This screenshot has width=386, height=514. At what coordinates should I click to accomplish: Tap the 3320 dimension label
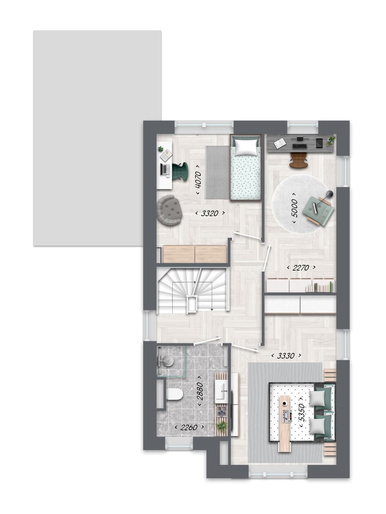(210, 213)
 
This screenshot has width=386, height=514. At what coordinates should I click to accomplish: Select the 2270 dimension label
(301, 268)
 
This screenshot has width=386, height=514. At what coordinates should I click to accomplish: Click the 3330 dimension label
(285, 355)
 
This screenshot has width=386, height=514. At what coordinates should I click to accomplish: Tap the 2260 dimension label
(187, 427)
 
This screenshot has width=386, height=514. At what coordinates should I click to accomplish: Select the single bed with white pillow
(246, 167)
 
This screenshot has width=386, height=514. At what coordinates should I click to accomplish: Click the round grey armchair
(169, 209)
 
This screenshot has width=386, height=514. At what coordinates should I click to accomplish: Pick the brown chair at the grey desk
(299, 160)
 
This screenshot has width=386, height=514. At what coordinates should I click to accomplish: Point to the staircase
(193, 290)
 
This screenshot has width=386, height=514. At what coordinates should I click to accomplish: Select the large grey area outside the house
(97, 138)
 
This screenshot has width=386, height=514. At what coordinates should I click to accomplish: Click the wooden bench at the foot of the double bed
(285, 424)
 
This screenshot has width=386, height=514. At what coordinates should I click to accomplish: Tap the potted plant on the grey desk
(331, 140)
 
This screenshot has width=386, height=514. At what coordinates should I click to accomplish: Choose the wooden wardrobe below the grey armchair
(194, 254)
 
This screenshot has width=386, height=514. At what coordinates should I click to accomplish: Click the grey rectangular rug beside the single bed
(217, 171)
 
